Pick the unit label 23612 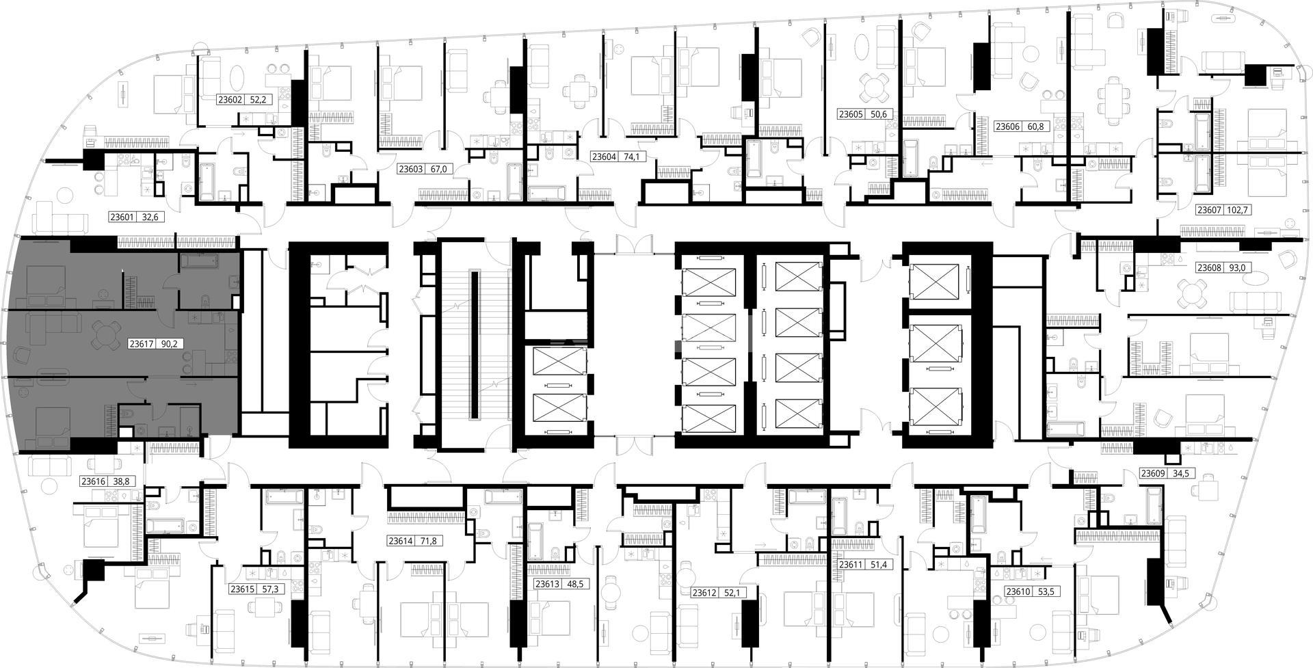click(x=705, y=593)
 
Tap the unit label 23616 click(x=94, y=481)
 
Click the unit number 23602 click(x=230, y=100)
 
